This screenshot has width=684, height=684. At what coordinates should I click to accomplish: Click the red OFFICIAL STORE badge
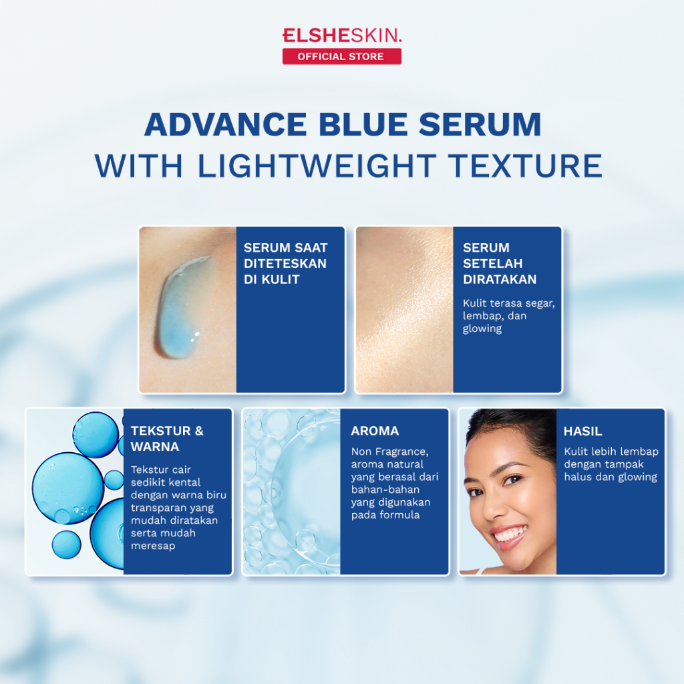point(341,56)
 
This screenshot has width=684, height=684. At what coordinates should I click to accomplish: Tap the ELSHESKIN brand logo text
point(341,35)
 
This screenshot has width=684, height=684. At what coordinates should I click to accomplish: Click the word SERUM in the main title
point(480,124)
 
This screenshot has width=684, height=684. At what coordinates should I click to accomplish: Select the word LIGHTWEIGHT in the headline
point(317,166)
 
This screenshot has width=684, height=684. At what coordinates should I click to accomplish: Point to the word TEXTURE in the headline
point(525,166)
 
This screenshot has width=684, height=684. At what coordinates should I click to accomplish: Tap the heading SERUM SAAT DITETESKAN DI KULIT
point(285,263)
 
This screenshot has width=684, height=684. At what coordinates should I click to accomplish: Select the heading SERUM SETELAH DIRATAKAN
point(500,263)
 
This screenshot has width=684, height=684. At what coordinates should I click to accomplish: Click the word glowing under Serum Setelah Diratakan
point(482,329)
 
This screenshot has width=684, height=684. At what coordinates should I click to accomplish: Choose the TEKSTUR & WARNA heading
point(167,439)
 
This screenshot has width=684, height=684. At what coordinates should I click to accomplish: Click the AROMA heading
point(375,431)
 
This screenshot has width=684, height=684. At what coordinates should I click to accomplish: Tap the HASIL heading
point(582,432)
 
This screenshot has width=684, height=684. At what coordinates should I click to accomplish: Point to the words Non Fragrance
point(389,452)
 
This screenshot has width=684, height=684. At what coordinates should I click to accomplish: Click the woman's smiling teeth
point(508,534)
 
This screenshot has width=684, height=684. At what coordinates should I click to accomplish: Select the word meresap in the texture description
point(153,546)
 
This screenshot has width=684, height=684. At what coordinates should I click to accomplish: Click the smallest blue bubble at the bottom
point(66,545)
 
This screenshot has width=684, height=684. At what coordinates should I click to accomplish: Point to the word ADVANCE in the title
point(226,124)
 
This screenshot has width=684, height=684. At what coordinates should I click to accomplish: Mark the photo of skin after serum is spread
point(404,310)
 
